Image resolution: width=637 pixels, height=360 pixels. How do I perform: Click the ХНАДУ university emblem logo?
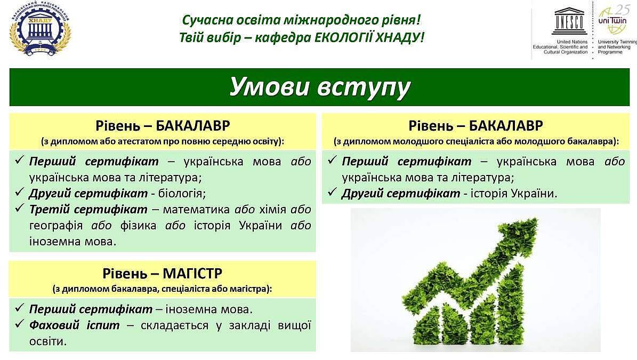coord(40,28)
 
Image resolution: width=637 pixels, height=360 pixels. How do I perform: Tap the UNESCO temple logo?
coord(569,21)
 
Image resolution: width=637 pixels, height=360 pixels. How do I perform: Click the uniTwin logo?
coord(612,20)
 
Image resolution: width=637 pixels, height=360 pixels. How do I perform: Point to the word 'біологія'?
coord(182,194)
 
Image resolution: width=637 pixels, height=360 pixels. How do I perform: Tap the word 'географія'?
coord(55,226)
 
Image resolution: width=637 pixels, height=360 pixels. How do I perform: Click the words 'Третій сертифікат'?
coord(88,210)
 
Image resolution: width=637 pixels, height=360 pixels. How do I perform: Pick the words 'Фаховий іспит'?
coord(74,325)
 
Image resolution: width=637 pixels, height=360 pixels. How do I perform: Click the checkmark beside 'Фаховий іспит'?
coord(20,324)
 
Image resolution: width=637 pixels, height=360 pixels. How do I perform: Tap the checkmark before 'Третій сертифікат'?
coord(20,208)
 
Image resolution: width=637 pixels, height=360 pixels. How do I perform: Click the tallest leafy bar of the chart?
coord(510,305)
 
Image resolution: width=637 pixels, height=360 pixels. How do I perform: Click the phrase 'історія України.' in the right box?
coord(514,194)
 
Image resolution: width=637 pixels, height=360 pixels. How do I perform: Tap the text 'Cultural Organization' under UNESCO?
coord(566,52)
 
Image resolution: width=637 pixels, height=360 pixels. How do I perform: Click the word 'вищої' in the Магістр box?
coord(295,325)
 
